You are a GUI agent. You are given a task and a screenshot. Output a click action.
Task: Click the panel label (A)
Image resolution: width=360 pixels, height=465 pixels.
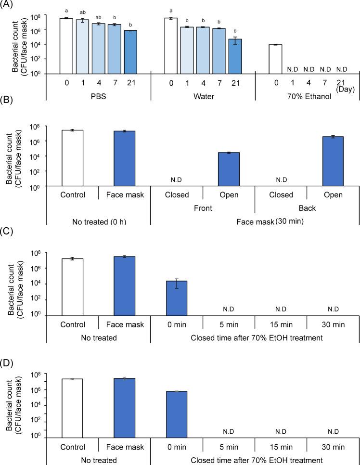tap(8, 5)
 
